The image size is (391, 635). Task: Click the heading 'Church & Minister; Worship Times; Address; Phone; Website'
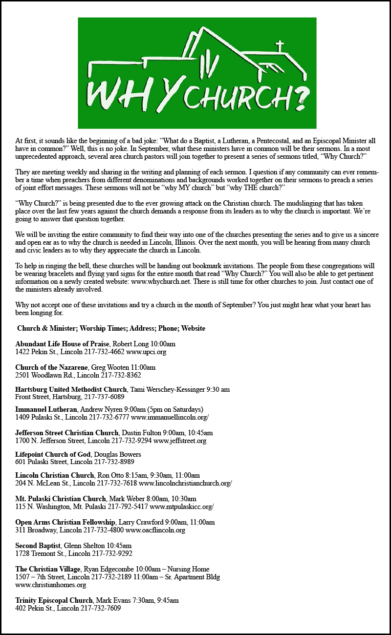(x=111, y=328)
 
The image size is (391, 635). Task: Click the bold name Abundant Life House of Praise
(x=62, y=344)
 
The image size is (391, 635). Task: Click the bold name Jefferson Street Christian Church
(x=66, y=433)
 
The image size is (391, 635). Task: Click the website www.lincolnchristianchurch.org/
(x=185, y=484)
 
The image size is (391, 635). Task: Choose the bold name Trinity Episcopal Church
(x=54, y=600)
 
